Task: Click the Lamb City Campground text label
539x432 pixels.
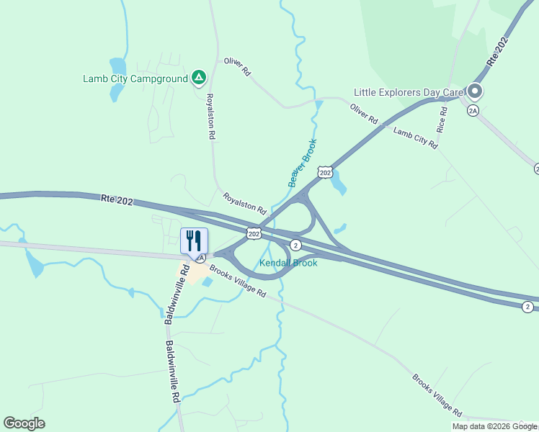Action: click(x=135, y=78)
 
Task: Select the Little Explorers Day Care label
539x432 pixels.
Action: click(x=408, y=92)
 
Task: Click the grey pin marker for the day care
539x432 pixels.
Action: click(x=474, y=91)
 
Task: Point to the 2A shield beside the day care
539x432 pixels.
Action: click(x=473, y=110)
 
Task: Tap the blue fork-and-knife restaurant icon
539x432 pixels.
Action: click(x=194, y=240)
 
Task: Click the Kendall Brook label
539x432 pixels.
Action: click(x=288, y=263)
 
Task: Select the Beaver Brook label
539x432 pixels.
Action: click(x=303, y=163)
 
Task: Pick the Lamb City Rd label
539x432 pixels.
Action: click(x=415, y=136)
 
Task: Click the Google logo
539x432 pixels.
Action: click(x=24, y=423)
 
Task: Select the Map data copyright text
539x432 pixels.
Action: click(x=495, y=426)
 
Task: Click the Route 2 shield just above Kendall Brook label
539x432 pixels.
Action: click(x=295, y=246)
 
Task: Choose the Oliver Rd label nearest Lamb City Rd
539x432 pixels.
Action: click(x=364, y=114)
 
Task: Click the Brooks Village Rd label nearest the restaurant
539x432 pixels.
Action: click(x=239, y=283)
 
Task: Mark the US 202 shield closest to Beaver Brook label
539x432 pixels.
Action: click(x=325, y=172)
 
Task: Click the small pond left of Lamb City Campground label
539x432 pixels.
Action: click(x=117, y=67)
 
